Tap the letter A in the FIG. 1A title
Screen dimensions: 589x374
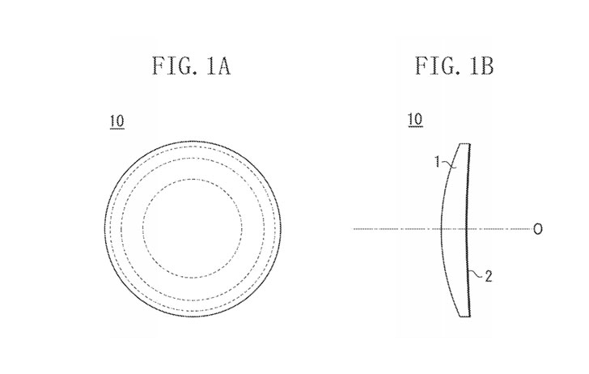tap(224, 66)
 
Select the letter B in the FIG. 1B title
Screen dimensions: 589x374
tap(486, 66)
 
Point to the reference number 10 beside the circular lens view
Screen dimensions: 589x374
tap(117, 121)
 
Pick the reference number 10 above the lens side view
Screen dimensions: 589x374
tap(416, 120)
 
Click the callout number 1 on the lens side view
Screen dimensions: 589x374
tap(437, 162)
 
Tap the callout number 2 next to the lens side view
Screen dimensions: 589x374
tap(489, 277)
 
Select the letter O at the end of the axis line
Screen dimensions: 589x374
tap(538, 229)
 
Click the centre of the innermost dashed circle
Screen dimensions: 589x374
tap(193, 228)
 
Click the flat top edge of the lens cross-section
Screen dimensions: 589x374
tap(464, 144)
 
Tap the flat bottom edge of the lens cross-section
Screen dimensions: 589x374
tap(464, 316)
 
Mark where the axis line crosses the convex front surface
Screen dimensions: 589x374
tap(442, 229)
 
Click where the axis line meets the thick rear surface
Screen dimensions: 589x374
tap(467, 229)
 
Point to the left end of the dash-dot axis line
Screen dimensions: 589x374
tap(354, 229)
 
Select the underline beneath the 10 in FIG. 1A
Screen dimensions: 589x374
tap(117, 129)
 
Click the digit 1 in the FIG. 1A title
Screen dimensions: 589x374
tap(210, 66)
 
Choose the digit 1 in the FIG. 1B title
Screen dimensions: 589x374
tap(472, 66)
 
